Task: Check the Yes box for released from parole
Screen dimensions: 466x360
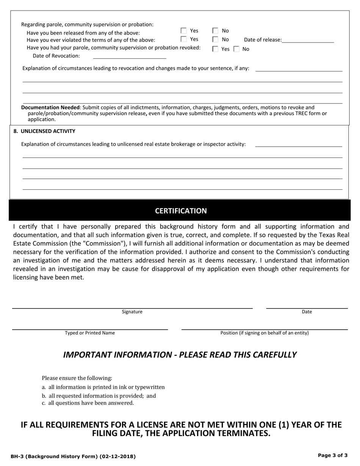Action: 184,31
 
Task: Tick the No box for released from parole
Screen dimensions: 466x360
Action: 215,31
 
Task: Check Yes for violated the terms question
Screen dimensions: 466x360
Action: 184,39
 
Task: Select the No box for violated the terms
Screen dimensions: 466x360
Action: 215,39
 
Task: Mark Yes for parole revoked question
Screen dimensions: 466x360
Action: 215,49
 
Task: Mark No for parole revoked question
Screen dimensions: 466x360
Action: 236,49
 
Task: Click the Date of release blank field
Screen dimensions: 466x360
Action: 308,40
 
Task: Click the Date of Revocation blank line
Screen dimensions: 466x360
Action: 129,56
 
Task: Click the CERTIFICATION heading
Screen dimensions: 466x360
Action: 181,211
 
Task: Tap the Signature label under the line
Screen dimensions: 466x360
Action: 132,312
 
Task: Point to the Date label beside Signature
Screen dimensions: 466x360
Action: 307,312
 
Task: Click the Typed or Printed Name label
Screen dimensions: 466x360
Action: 90,333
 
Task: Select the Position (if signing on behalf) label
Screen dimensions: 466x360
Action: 265,333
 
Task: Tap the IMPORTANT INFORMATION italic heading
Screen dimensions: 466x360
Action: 180,355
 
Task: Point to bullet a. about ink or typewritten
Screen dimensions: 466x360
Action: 103,387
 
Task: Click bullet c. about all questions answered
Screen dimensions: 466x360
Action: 88,403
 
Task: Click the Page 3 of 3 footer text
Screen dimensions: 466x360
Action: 332,456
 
